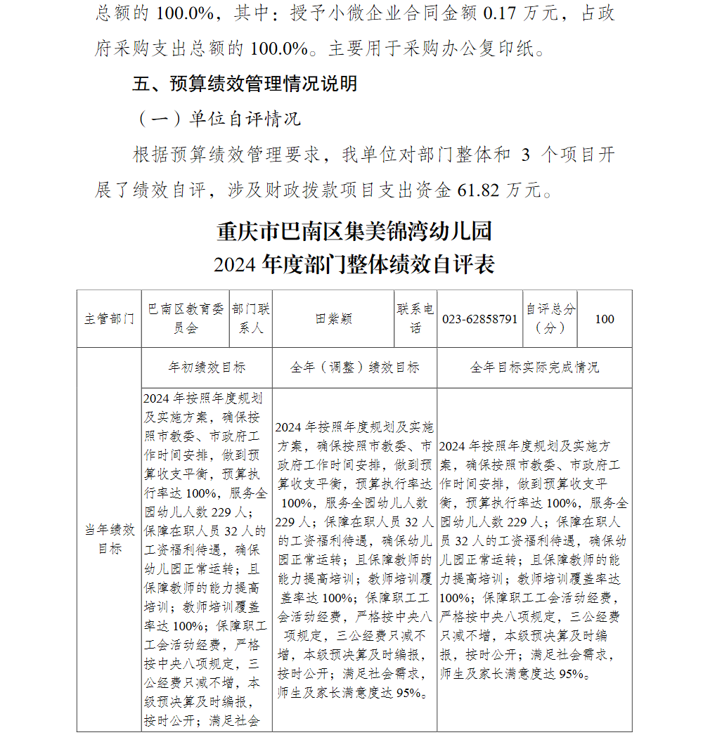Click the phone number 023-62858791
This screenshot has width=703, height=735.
pyautogui.click(x=480, y=319)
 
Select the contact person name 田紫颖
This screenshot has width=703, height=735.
pyautogui.click(x=333, y=319)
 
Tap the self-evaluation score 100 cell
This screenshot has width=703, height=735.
pyautogui.click(x=604, y=319)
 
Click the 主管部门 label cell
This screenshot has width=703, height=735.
pyautogui.click(x=109, y=319)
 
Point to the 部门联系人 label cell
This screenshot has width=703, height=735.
pyautogui.click(x=251, y=318)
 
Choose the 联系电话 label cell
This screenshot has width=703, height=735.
pyautogui.click(x=415, y=318)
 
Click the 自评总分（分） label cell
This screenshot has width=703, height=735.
pyautogui.click(x=550, y=318)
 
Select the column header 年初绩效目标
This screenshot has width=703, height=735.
pyautogui.click(x=207, y=367)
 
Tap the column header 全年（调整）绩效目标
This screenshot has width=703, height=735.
pyautogui.click(x=354, y=367)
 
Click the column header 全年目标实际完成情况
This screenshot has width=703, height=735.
pyautogui.click(x=534, y=367)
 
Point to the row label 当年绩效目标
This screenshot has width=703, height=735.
pyautogui.click(x=109, y=539)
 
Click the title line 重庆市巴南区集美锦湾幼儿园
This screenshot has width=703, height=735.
pyautogui.click(x=354, y=230)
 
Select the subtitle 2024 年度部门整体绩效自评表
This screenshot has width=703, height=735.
pyautogui.click(x=354, y=264)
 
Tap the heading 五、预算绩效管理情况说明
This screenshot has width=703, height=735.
pyautogui.click(x=245, y=84)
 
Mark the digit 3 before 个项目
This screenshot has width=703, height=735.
pyautogui.click(x=525, y=155)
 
